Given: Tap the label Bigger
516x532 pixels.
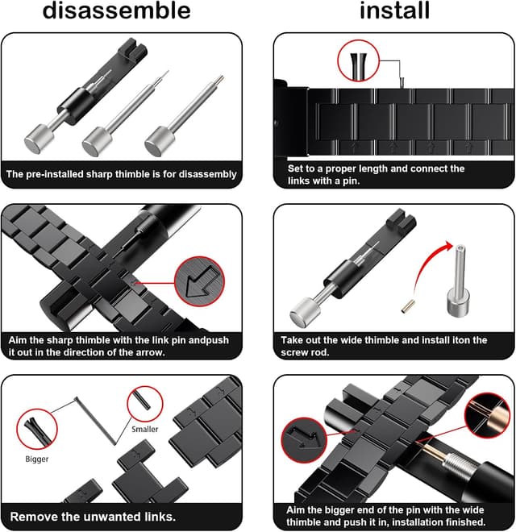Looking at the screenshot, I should point(37,459).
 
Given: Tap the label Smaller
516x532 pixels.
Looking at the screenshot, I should point(145,430).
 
